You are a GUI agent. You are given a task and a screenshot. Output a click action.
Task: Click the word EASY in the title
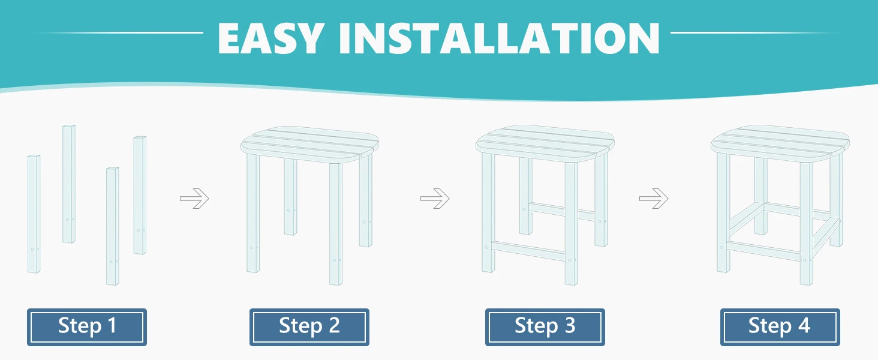coord(271,38)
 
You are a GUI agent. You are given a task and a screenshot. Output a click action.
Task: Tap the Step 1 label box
coord(87,327)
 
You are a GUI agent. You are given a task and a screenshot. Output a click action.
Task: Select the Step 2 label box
coord(309,327)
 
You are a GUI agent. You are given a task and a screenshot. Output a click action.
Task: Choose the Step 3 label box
coord(545,327)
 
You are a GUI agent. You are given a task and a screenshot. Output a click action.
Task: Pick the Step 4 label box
coord(780,327)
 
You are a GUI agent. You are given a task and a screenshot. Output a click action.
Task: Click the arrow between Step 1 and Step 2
coord(194,199)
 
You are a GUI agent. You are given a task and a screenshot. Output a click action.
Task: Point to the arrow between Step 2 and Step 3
coord(435,199)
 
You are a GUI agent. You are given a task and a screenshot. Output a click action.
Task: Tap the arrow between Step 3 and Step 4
coord(654,199)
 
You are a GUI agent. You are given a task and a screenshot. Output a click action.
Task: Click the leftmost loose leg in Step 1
coord(34,214)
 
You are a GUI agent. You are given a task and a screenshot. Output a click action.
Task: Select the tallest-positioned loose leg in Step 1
coord(69,184)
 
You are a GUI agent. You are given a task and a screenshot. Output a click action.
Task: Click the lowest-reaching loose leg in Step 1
coord(113,226)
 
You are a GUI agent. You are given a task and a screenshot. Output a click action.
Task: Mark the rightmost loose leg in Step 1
coord(140,195)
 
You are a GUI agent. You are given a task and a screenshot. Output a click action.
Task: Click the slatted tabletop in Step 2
coord(309,145)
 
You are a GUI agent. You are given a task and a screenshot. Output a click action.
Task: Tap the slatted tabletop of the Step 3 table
coord(545,143)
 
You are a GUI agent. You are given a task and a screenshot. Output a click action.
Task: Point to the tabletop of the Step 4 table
coord(780,143)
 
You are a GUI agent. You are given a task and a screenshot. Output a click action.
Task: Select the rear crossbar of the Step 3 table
coord(562,211)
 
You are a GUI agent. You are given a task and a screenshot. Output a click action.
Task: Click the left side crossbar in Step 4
coord(747,219)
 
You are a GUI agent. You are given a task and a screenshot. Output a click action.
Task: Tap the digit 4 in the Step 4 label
coord(804,325)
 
